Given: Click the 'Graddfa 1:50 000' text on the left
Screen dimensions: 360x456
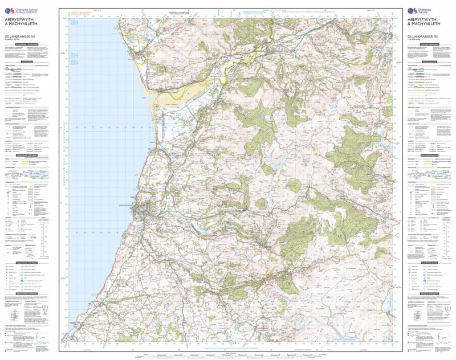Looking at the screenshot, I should [x=14, y=40].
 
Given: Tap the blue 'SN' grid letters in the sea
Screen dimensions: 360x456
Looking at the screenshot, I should [x=74, y=63].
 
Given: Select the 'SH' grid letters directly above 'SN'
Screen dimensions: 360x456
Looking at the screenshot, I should [x=74, y=56].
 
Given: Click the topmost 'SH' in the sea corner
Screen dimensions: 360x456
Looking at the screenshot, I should [x=74, y=23].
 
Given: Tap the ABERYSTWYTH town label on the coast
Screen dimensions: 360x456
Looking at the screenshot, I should [x=125, y=203].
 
